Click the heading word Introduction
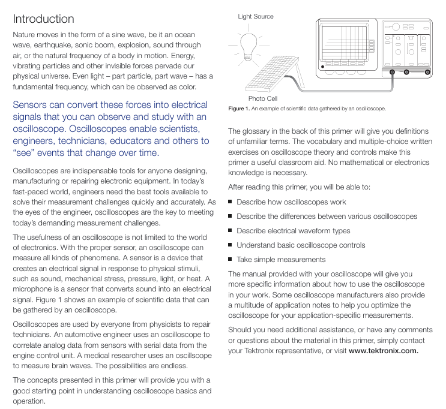43,19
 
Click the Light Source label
256,17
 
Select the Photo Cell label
263,98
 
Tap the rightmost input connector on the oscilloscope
427,71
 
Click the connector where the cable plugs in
392,71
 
